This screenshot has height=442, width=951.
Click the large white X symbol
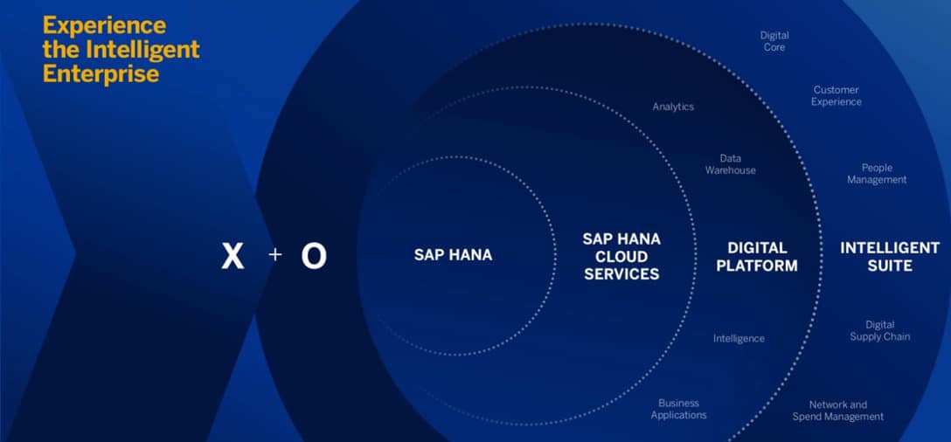pyautogui.click(x=233, y=257)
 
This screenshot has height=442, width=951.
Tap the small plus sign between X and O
pyautogui.click(x=274, y=255)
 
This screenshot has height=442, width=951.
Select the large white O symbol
pyautogui.click(x=314, y=257)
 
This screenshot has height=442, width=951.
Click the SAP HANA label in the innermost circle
pyautogui.click(x=453, y=255)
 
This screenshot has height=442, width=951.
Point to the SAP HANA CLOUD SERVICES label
pyautogui.click(x=621, y=256)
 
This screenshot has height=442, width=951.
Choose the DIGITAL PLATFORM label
pyautogui.click(x=757, y=257)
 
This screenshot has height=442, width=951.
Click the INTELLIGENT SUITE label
pyautogui.click(x=890, y=257)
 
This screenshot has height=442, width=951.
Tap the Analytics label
pyautogui.click(x=673, y=107)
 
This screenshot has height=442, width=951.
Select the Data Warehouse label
pyautogui.click(x=730, y=164)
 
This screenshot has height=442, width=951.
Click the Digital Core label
pyautogui.click(x=774, y=41)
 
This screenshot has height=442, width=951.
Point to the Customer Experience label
pyautogui.click(x=836, y=96)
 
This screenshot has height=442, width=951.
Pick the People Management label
pyautogui.click(x=877, y=174)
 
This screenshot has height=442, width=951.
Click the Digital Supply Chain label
pyautogui.click(x=880, y=330)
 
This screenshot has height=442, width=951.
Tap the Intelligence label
pyautogui.click(x=739, y=338)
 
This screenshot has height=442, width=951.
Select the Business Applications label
pyautogui.click(x=678, y=410)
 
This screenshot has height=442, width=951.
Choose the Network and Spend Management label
pyautogui.click(x=838, y=411)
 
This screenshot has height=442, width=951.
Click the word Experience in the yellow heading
pyautogui.click(x=104, y=27)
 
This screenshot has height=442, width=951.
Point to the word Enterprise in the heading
pyautogui.click(x=101, y=74)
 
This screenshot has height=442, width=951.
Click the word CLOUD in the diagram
pyautogui.click(x=621, y=257)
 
